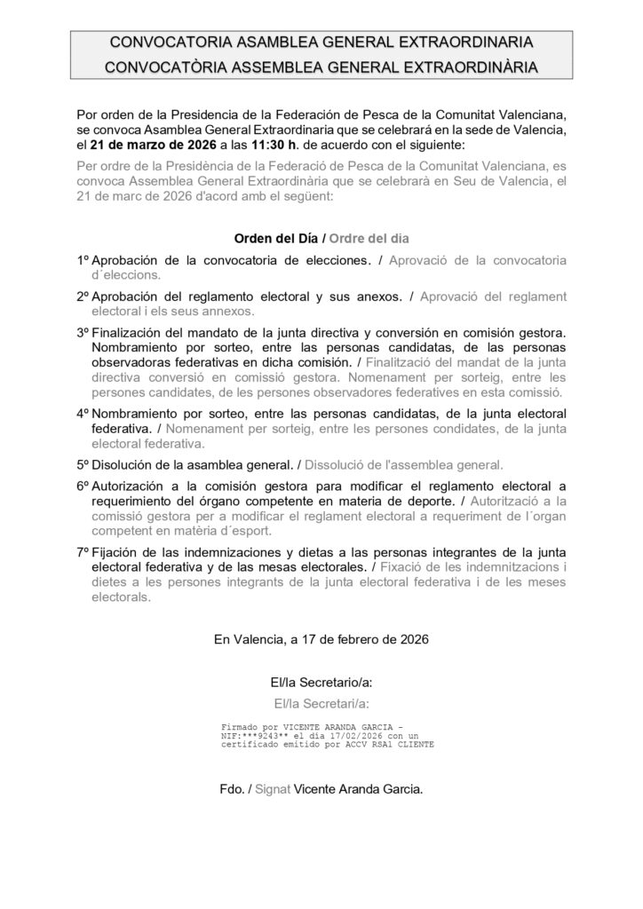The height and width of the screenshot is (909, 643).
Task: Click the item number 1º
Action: tap(83, 261)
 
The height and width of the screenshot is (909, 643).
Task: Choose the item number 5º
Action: tap(83, 464)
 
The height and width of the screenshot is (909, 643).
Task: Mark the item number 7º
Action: tap(83, 553)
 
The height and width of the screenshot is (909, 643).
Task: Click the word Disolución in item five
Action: tap(125, 464)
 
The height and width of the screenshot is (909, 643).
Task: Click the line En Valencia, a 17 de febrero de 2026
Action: tap(321, 639)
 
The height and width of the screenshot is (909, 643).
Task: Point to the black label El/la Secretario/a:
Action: tap(321, 683)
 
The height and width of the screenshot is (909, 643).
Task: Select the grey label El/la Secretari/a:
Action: tap(321, 703)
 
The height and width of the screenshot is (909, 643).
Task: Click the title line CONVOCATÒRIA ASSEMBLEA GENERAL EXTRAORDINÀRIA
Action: tap(321, 66)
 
